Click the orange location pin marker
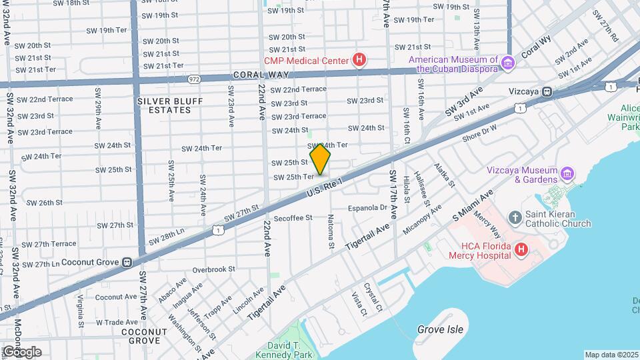[x=321, y=159]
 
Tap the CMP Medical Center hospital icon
[x=360, y=61]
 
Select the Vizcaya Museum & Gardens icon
[x=567, y=174]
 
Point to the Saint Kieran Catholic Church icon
[x=515, y=217]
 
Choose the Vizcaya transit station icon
[x=547, y=92]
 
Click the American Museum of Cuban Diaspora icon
[x=508, y=63]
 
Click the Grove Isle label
[x=440, y=329]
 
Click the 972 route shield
[x=194, y=78]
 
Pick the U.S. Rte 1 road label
[x=325, y=186]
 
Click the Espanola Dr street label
[x=368, y=207]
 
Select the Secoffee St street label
[x=293, y=217]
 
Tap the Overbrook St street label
[x=213, y=269]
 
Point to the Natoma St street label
[x=331, y=231]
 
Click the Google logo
[x=21, y=351]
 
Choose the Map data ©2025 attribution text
[x=611, y=355]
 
